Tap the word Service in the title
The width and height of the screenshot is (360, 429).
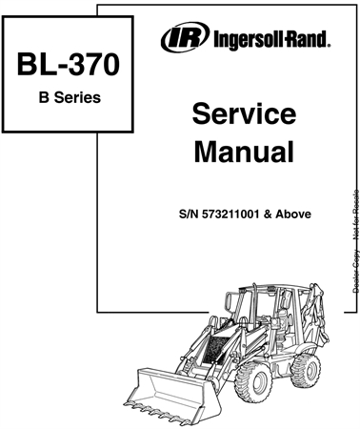pyautogui.click(x=243, y=114)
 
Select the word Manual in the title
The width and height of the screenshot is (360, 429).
pyautogui.click(x=243, y=151)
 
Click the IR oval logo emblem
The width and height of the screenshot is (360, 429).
pyautogui.click(x=178, y=39)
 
